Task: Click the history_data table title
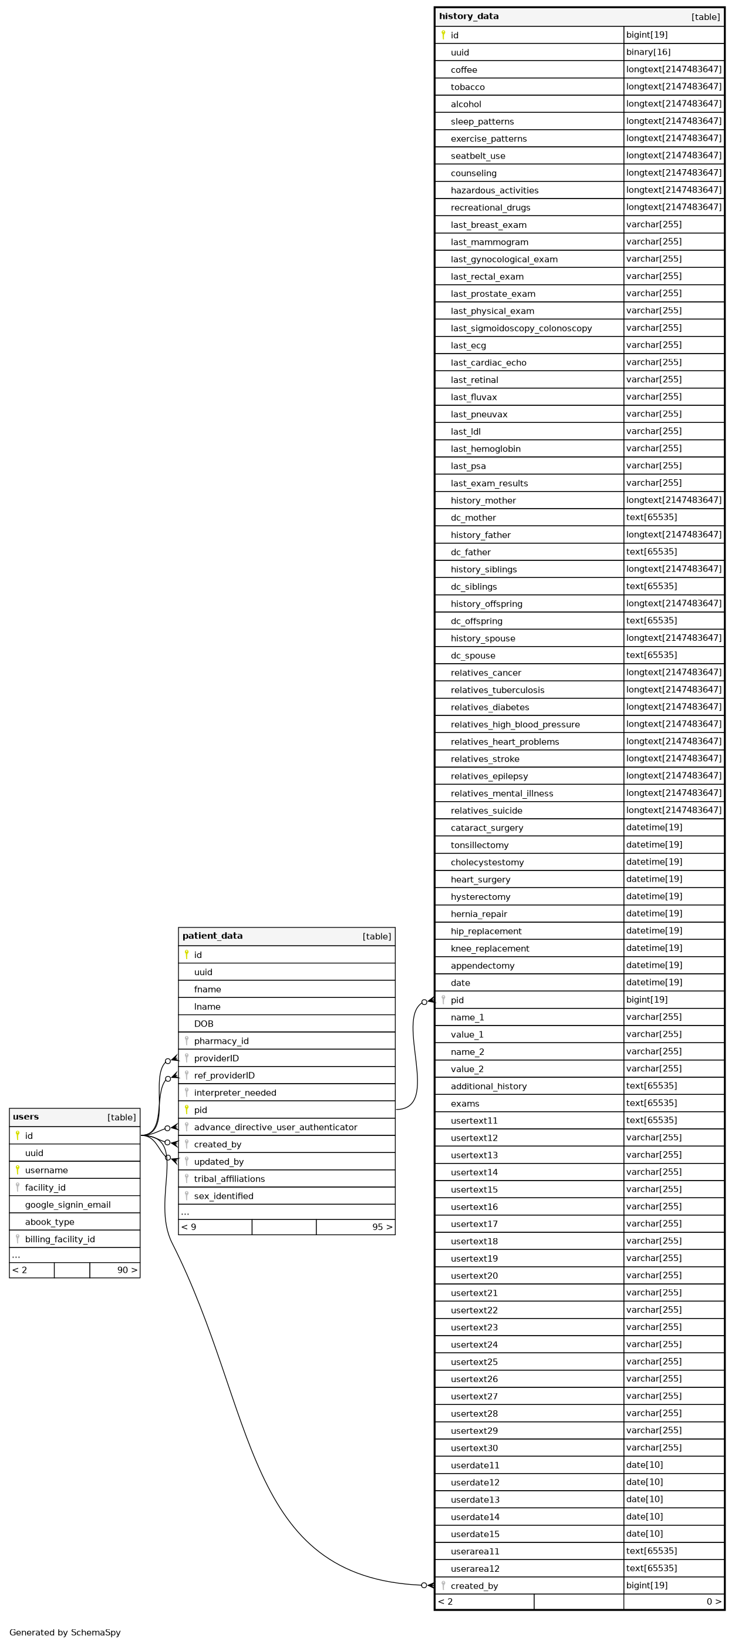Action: (x=468, y=16)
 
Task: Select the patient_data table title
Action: (x=213, y=936)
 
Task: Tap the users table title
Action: (x=25, y=1117)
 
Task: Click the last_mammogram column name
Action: (x=490, y=242)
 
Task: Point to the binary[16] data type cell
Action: (x=648, y=52)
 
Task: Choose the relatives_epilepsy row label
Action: (x=490, y=776)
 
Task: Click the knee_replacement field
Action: (x=490, y=949)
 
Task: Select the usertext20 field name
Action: (x=474, y=1276)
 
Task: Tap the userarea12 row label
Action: (x=475, y=1569)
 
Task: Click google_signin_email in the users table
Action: (x=68, y=1205)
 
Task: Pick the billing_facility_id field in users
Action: (x=60, y=1239)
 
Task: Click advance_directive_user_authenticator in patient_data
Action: (x=276, y=1127)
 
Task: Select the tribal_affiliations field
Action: (x=229, y=1179)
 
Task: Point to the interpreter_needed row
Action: (x=235, y=1092)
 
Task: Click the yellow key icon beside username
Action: (x=18, y=1170)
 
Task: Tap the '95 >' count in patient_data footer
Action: (x=382, y=1226)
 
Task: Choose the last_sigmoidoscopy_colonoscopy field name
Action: (x=521, y=328)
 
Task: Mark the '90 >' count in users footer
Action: (x=127, y=1270)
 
